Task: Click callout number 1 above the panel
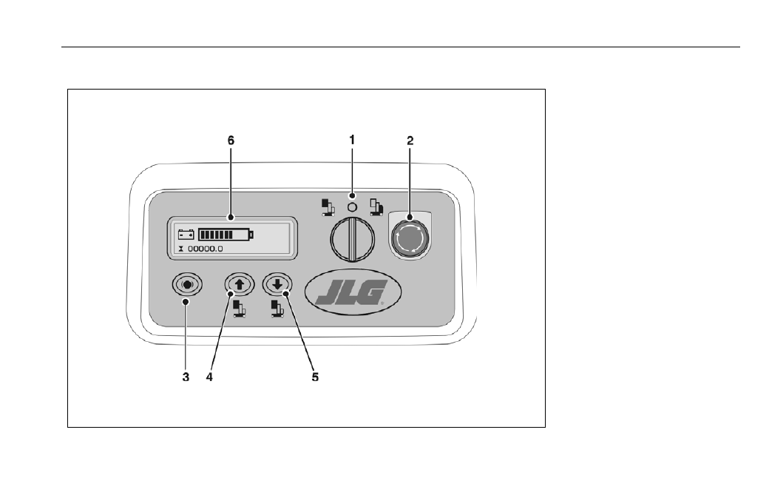pos(352,141)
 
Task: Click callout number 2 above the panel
pos(410,141)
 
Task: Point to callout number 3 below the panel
pos(186,377)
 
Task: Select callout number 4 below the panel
pos(209,377)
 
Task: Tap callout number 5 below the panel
pos(315,377)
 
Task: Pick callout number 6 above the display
pos(231,141)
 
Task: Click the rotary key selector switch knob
pos(352,240)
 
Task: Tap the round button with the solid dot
pos(187,285)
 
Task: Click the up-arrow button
pos(240,284)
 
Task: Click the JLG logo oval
pos(353,292)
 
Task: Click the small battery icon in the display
pos(186,235)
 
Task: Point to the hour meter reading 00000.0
pos(206,249)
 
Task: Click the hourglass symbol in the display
pos(181,249)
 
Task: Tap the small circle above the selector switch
pos(352,207)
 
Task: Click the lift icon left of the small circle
pos(328,207)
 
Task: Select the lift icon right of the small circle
pos(376,207)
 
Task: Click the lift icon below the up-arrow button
pos(240,309)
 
